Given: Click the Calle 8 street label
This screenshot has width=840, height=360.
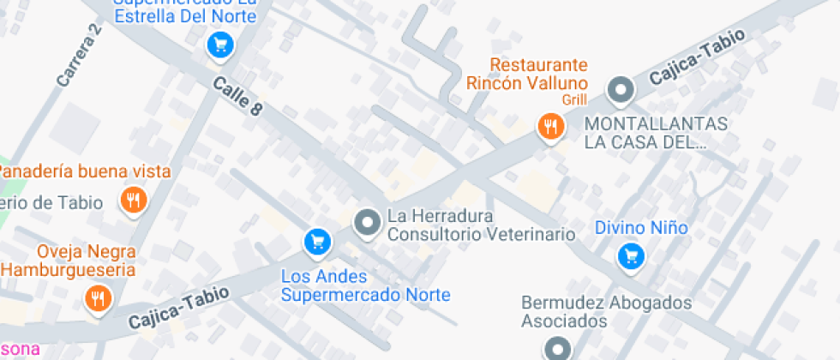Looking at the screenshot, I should pos(236,95).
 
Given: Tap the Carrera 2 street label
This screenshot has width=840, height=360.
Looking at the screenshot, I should pos(80,57).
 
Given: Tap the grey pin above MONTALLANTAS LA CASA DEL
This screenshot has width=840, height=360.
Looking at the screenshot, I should pos(620,89).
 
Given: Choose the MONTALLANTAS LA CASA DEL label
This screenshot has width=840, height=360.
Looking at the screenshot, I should pos(656,133).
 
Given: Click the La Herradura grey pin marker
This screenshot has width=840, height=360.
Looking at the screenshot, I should pos(368,223).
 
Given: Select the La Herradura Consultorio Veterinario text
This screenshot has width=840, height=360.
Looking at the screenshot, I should pos(480,225).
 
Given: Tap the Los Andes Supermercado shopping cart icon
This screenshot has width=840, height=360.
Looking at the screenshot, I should pos(317,243).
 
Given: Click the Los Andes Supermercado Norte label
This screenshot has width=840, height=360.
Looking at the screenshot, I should pos(366,286).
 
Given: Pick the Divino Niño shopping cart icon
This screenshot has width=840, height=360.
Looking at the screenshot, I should pos(632,255).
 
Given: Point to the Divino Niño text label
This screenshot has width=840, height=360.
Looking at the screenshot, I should pos(641,228).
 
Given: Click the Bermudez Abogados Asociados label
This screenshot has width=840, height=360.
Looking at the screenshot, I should pos(606,312).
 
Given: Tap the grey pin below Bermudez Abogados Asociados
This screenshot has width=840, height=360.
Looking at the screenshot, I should pos(558,348).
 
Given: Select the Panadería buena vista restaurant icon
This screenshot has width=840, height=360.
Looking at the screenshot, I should pos(134,201).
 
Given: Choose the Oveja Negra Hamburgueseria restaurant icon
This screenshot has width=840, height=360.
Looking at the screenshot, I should pos(96,298).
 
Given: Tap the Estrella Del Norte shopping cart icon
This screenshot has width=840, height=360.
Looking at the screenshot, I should pos(220,45).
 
